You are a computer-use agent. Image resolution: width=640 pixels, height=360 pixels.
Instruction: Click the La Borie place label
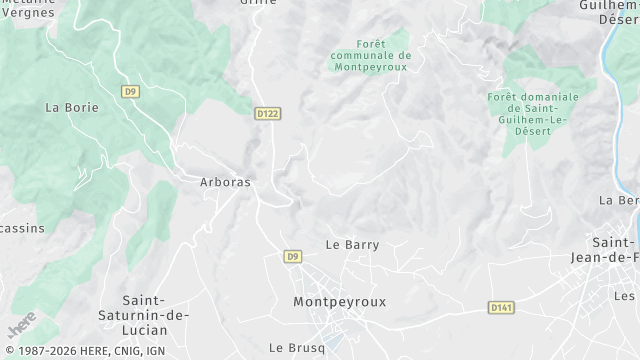point(72,107)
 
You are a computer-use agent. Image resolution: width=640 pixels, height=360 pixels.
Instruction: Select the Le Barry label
point(352,245)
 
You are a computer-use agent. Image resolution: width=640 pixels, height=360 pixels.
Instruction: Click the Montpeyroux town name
point(339,301)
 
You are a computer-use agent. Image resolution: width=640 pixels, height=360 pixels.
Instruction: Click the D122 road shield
point(267,114)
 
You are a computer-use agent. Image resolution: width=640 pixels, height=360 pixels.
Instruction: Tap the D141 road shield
point(501,307)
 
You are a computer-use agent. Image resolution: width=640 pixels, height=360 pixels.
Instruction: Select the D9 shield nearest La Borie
point(130,91)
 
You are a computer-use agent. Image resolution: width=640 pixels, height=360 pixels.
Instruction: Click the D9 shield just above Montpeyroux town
point(292,257)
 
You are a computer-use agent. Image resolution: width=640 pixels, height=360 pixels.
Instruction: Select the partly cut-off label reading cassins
point(22,228)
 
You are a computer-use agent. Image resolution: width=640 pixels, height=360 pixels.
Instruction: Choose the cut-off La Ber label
point(619,200)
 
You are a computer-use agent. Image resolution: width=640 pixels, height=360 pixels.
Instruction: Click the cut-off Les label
point(626,296)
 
